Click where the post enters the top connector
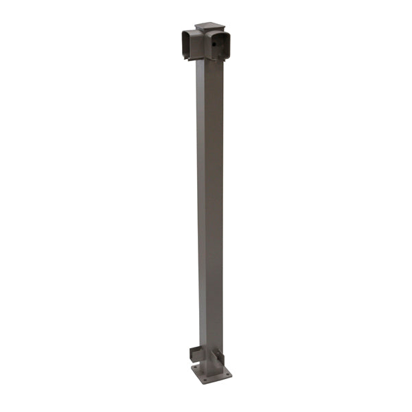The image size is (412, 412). coord(209,63)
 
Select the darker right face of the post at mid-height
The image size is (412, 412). coord(215,206)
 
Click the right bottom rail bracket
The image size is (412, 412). coord(218,357)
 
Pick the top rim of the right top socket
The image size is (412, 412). coord(220,30)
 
